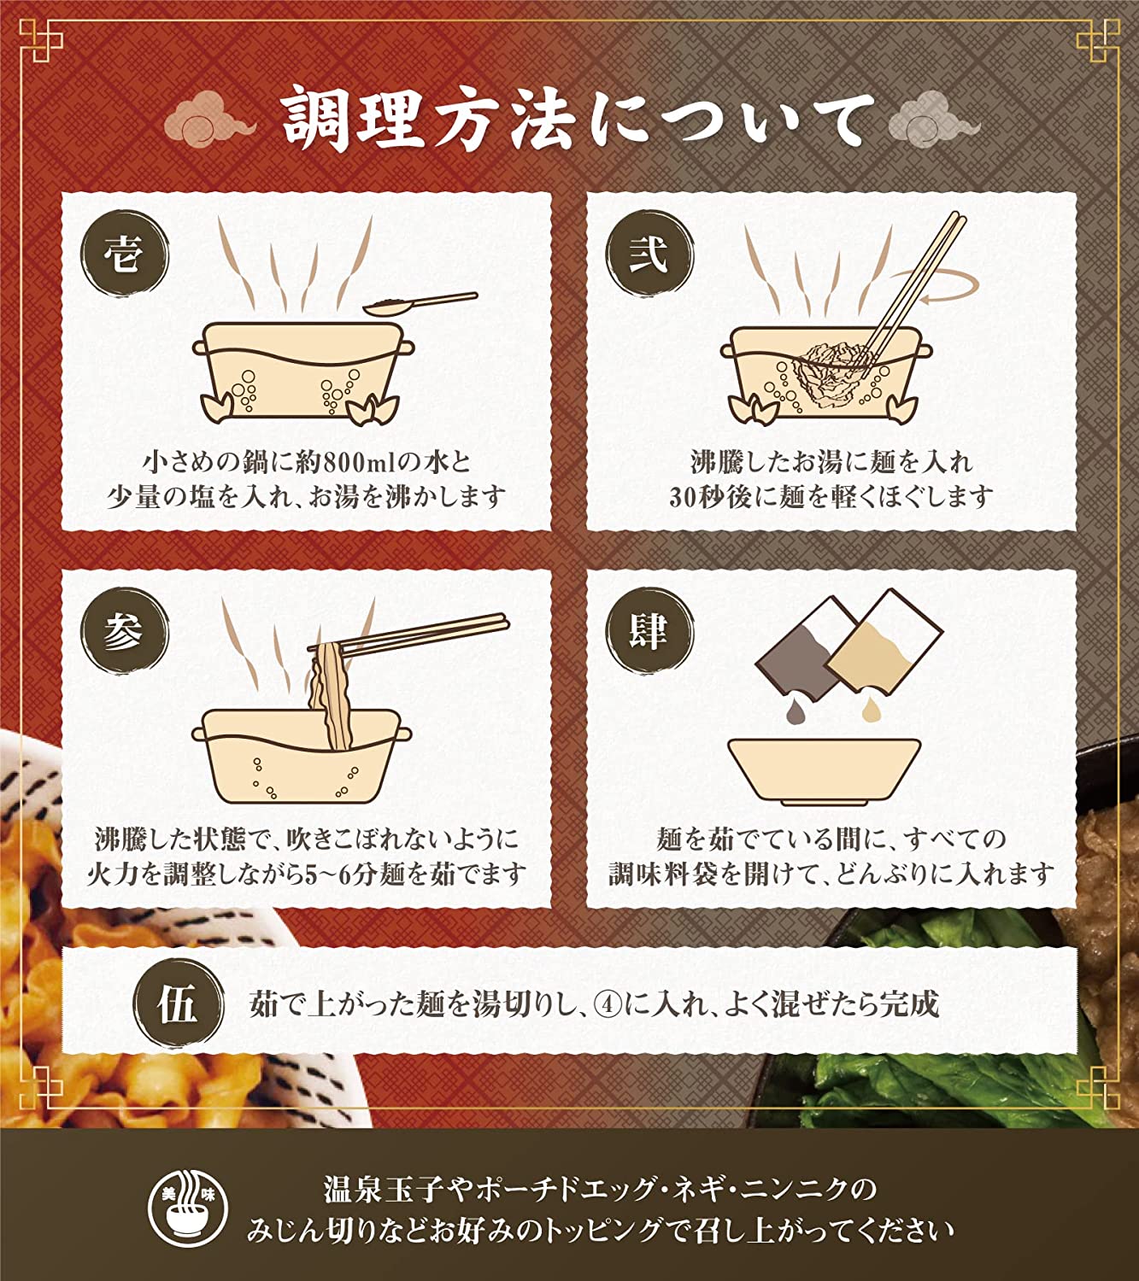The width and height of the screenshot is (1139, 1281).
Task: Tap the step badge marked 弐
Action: point(649,254)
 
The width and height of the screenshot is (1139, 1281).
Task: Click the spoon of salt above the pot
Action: point(420,303)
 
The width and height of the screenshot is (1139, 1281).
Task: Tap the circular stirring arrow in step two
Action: point(936,287)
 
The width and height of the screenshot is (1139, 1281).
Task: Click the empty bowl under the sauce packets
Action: point(824,771)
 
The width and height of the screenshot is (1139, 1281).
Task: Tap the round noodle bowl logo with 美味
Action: point(188,1207)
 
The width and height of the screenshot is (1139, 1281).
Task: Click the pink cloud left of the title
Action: point(209,120)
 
